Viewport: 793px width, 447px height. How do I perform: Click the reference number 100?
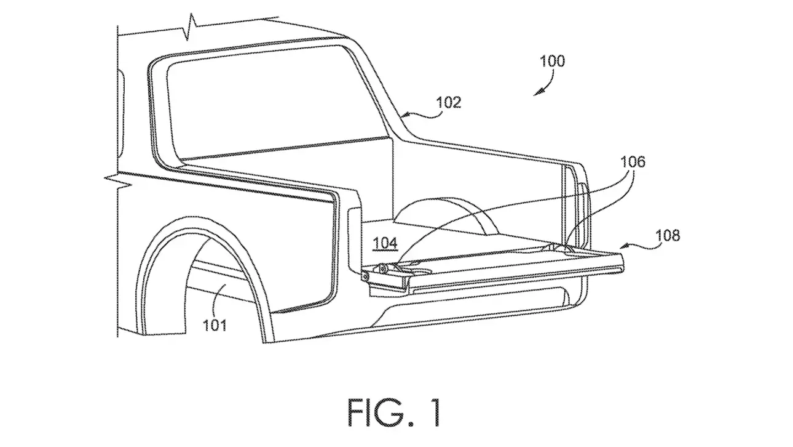552,62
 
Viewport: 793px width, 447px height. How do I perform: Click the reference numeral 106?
632,162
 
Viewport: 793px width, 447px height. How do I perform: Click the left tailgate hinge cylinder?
384,268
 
